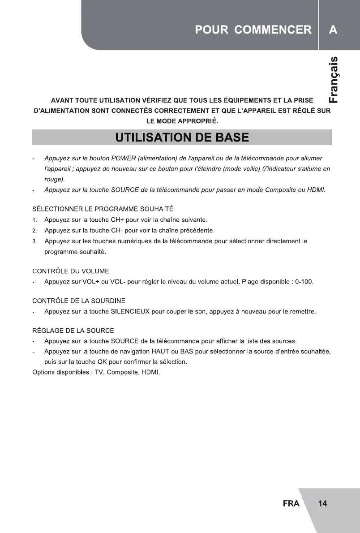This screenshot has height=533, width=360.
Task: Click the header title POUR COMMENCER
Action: coord(253,30)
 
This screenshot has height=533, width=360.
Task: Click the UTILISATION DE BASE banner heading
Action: coord(181,137)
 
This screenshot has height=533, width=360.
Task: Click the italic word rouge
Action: coord(54,179)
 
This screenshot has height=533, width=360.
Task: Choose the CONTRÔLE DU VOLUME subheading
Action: coord(71,271)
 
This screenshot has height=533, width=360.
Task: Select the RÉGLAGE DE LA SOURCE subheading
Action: coord(73,331)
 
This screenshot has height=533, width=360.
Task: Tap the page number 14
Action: coord(322,503)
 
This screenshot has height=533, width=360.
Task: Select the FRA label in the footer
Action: coord(291,503)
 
